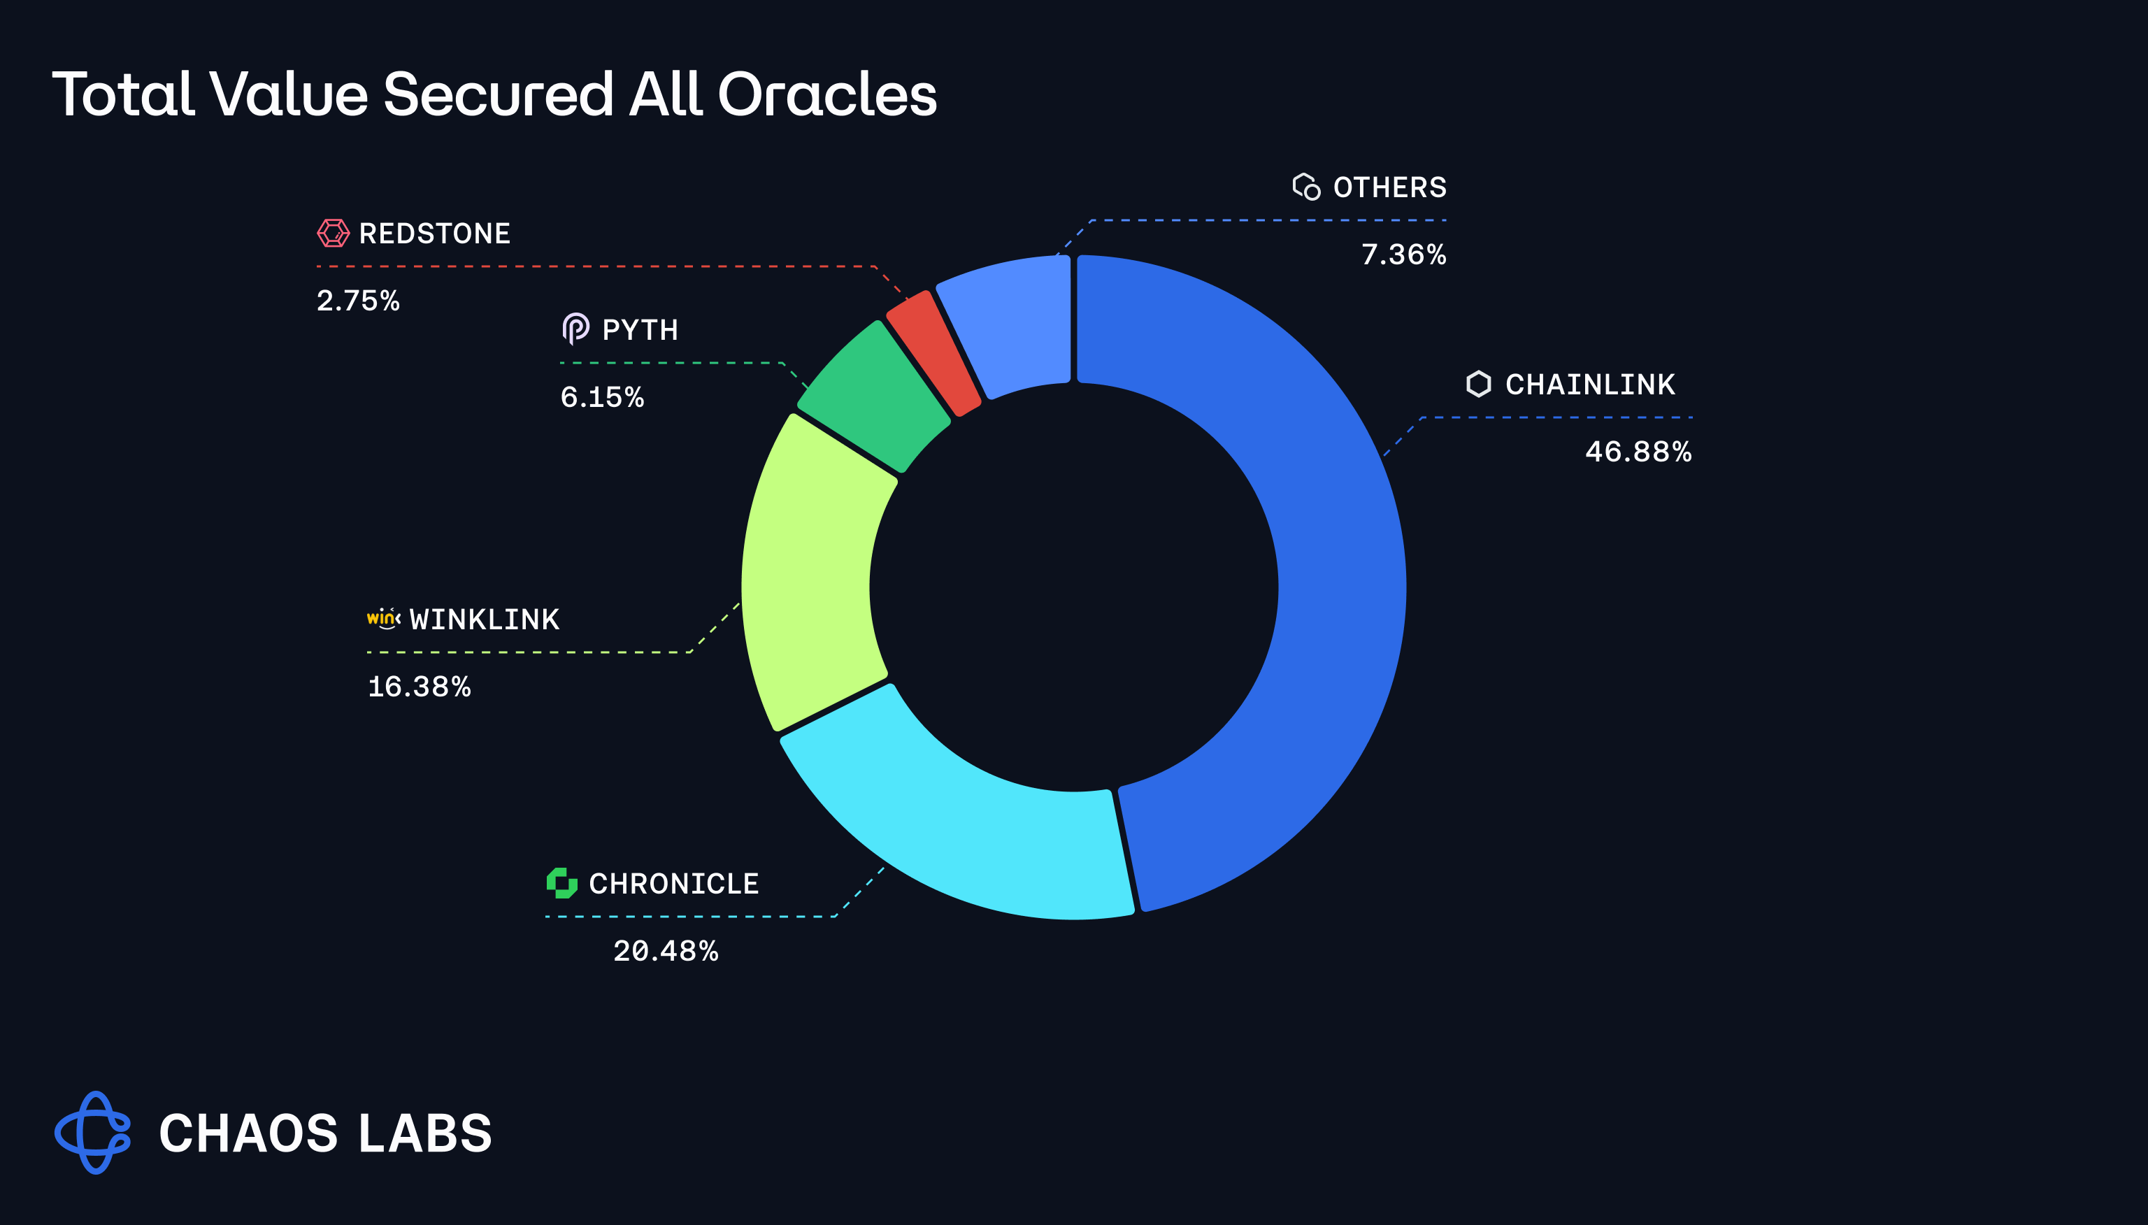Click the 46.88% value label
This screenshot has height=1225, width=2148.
[1638, 452]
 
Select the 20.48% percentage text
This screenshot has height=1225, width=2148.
[666, 951]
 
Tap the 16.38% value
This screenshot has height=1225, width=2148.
[419, 687]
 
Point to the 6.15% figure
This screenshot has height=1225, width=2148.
[601, 397]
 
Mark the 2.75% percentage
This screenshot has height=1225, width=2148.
[357, 301]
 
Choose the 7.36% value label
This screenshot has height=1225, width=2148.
[1403, 254]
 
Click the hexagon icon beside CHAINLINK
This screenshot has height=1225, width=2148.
[1478, 384]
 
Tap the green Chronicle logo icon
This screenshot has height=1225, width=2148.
[562, 882]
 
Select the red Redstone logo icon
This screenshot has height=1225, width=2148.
[334, 233]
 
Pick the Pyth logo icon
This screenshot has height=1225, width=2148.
[575, 329]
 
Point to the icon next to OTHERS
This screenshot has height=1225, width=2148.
[1306, 186]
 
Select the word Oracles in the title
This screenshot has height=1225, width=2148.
[827, 94]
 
